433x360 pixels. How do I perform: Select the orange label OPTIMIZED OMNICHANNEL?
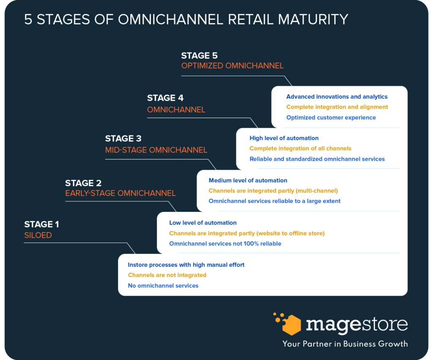click(232, 66)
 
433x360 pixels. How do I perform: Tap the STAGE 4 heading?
click(165, 98)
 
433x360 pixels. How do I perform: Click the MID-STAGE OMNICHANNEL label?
click(156, 150)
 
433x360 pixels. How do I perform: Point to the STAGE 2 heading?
click(83, 183)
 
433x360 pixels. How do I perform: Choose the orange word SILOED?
click(38, 235)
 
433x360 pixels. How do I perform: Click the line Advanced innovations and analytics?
click(337, 97)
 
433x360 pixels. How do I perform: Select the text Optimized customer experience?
click(331, 118)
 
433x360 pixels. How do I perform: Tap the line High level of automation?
click(284, 138)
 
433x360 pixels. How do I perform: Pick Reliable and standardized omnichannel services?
click(317, 159)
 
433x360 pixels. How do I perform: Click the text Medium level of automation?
click(248, 180)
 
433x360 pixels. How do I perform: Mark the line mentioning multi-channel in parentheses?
click(273, 191)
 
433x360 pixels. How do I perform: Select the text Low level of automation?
click(203, 223)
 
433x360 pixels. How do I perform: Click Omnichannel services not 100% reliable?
click(225, 244)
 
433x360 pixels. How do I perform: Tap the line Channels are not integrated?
click(167, 275)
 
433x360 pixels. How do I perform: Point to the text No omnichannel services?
click(163, 286)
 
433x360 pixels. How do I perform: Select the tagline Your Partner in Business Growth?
click(345, 344)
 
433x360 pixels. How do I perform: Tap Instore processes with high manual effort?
click(186, 265)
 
